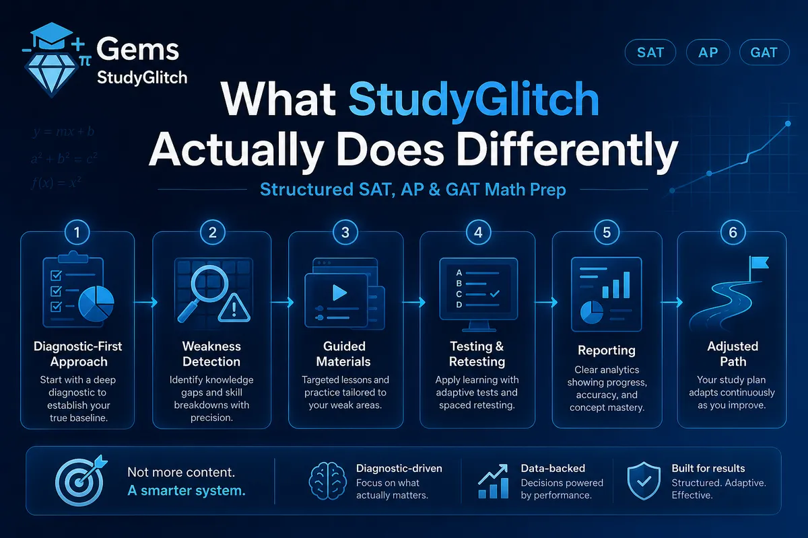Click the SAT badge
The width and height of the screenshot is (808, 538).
pyautogui.click(x=650, y=52)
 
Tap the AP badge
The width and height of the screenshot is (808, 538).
pyautogui.click(x=708, y=52)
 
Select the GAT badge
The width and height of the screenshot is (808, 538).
pyautogui.click(x=764, y=52)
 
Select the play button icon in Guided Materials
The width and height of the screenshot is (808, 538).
pyautogui.click(x=339, y=293)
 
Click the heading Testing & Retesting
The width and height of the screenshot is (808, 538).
pyautogui.click(x=477, y=354)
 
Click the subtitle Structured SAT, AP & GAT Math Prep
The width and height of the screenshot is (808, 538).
pyautogui.click(x=413, y=190)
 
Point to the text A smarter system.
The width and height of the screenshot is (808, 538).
pyautogui.click(x=187, y=490)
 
